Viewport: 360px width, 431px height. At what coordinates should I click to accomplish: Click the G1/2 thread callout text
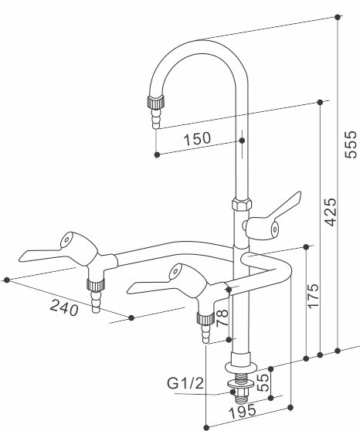[x=186, y=382]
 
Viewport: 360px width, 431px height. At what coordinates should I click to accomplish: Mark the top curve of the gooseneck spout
[x=196, y=44]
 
